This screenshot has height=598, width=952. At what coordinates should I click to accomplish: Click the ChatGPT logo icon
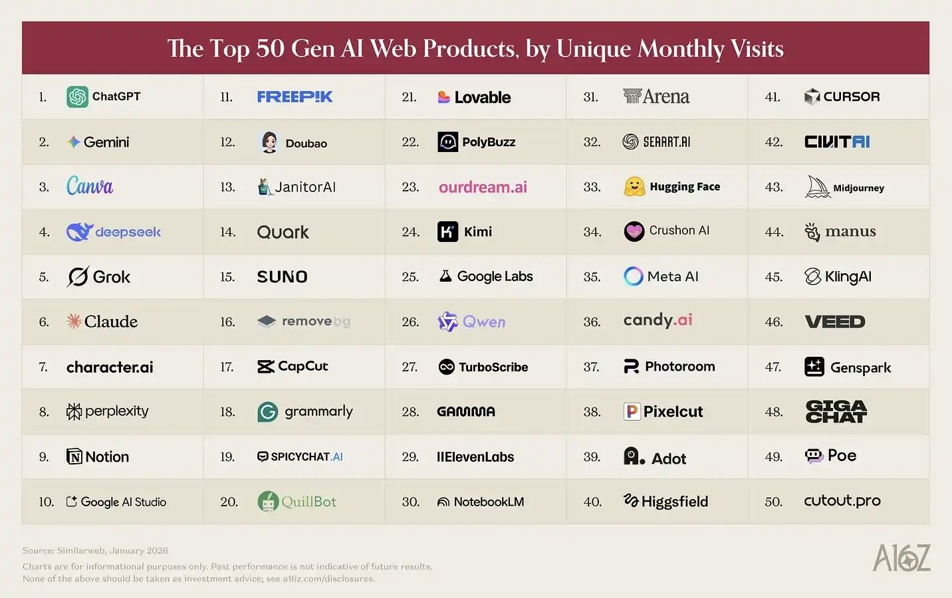[77, 97]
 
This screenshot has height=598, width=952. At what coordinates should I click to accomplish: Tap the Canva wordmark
[90, 186]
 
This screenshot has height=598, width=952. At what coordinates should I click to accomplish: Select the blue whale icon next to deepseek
[79, 232]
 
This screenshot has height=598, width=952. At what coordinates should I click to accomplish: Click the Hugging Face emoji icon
[634, 187]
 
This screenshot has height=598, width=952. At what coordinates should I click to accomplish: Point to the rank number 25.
[410, 277]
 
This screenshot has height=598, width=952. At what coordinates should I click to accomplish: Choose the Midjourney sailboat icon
[817, 187]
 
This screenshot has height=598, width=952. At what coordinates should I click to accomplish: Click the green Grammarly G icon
[268, 412]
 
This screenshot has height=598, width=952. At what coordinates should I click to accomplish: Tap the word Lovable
[483, 98]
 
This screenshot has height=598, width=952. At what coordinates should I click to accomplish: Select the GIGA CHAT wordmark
[836, 412]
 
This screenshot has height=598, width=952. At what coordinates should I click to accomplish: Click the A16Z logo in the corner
[901, 558]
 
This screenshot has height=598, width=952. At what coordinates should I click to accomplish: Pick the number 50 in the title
[270, 49]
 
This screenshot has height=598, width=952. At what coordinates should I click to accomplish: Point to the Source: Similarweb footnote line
[95, 550]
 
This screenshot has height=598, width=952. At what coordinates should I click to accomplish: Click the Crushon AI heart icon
[634, 231]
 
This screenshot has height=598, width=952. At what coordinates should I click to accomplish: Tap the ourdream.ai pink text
[483, 187]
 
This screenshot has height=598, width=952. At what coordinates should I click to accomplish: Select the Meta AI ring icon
[633, 276]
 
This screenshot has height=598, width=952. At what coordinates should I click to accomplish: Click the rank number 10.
[47, 502]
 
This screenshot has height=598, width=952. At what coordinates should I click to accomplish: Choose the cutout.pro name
[842, 501]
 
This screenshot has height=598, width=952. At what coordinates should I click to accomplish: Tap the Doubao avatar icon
[269, 142]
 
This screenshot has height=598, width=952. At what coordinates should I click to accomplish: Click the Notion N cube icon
[74, 456]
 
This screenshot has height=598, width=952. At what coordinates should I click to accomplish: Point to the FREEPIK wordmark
[295, 97]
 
